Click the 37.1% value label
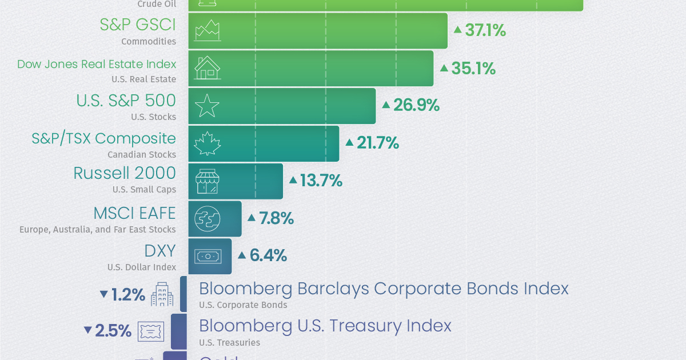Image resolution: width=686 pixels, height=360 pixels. click(x=485, y=30)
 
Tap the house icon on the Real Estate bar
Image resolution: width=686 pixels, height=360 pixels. click(x=207, y=68)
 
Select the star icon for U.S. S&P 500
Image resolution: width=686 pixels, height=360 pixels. click(x=207, y=106)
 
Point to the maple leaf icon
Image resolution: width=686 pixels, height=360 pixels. click(x=207, y=143)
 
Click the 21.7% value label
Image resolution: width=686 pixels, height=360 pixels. click(x=377, y=143)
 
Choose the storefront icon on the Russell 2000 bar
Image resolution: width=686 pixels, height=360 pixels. click(x=207, y=181)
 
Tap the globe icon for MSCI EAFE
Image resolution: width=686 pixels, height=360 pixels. click(x=207, y=219)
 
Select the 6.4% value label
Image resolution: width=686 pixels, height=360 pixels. click(x=268, y=255)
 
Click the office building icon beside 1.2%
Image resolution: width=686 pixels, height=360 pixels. click(x=162, y=294)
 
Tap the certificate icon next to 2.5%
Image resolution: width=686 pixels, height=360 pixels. click(x=151, y=331)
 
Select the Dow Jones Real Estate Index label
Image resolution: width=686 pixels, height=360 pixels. click(x=97, y=64)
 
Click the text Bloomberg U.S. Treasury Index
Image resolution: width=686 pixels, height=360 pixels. click(x=325, y=326)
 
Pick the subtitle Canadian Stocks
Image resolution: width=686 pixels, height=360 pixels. click(x=142, y=154)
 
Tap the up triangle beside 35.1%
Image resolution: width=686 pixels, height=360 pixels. click(x=444, y=67)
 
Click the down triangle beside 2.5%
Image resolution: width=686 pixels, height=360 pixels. click(x=87, y=330)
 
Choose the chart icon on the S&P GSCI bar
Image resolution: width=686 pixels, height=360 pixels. click(x=207, y=30)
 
